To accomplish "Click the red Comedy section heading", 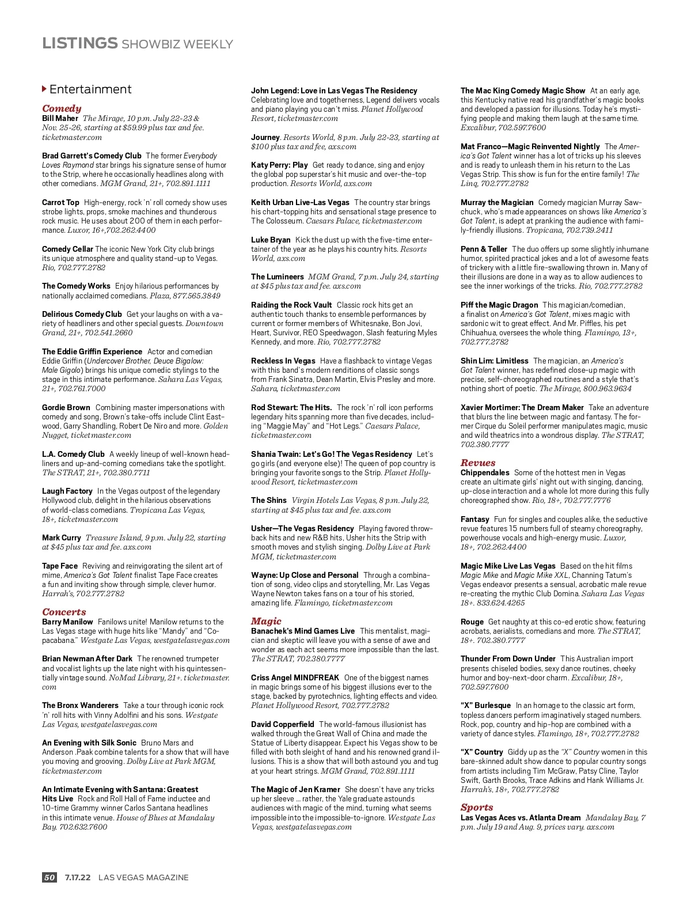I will pyautogui.click(x=62, y=108).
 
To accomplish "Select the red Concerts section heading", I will pyautogui.click(x=64, y=612).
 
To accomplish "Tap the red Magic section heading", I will pyautogui.click(x=266, y=621).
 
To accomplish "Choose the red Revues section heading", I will pyautogui.click(x=478, y=463).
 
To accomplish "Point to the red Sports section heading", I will pyautogui.click(x=477, y=807).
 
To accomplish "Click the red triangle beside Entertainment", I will pyautogui.click(x=44, y=89).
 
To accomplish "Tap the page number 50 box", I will pyautogui.click(x=50, y=877).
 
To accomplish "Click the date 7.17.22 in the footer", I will pyautogui.click(x=78, y=877).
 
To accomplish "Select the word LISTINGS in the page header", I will pyautogui.click(x=79, y=43).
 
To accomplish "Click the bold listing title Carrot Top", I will pyautogui.click(x=60, y=202).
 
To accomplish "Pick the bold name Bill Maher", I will pyautogui.click(x=60, y=118).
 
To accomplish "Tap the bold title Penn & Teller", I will pyautogui.click(x=484, y=249).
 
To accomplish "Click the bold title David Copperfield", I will pyautogui.click(x=283, y=724).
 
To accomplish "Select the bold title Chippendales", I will pyautogui.click(x=485, y=472).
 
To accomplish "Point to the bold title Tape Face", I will pyautogui.click(x=60, y=566).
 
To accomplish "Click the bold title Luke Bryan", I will pyautogui.click(x=271, y=240).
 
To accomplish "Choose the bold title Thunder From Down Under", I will pyautogui.click(x=508, y=658).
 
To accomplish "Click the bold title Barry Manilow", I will pyautogui.click(x=67, y=622).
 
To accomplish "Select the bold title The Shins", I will pyautogui.click(x=269, y=500).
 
